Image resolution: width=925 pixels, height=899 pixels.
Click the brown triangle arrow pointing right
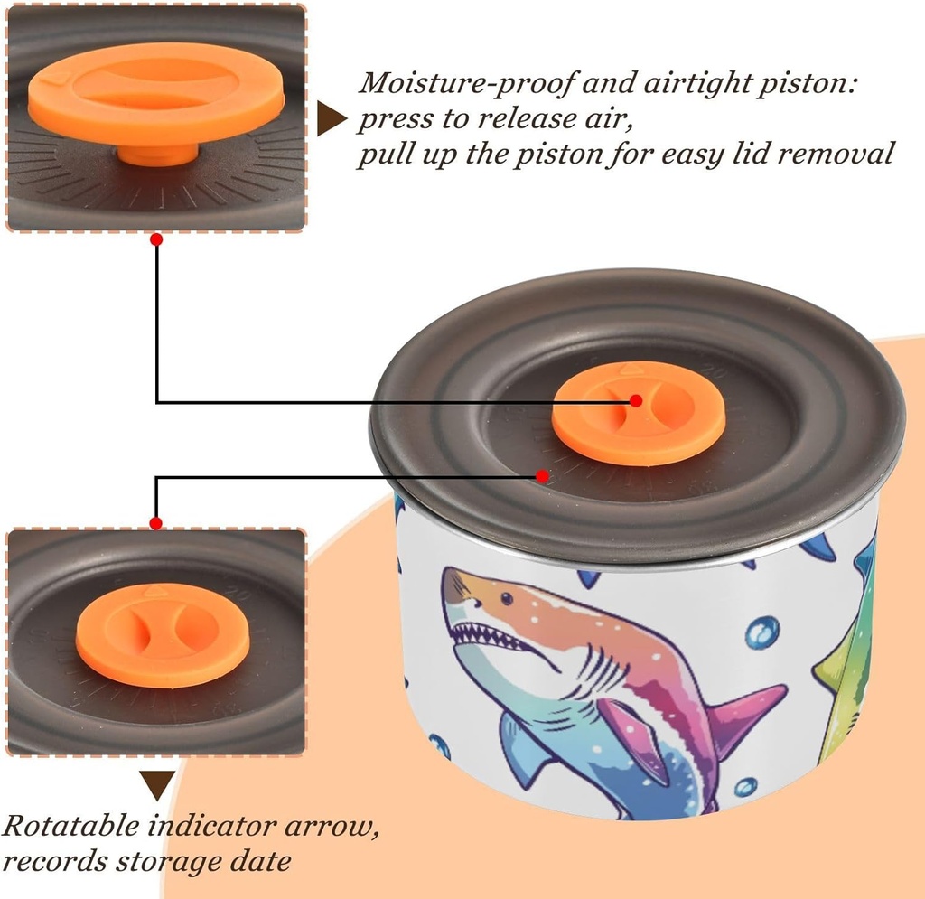(x=331, y=118)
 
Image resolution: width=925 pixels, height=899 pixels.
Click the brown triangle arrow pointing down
(x=156, y=784)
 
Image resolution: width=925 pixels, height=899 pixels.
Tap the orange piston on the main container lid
(x=638, y=413)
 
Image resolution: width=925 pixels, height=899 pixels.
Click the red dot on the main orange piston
(x=636, y=400)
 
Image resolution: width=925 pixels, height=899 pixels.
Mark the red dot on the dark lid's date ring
(x=542, y=475)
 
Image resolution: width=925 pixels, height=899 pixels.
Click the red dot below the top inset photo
(x=156, y=239)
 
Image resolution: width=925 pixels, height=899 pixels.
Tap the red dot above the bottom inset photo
(x=155, y=523)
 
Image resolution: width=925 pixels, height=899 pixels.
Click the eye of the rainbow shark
(x=506, y=598)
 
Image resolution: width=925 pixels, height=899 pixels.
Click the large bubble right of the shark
(x=763, y=632)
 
